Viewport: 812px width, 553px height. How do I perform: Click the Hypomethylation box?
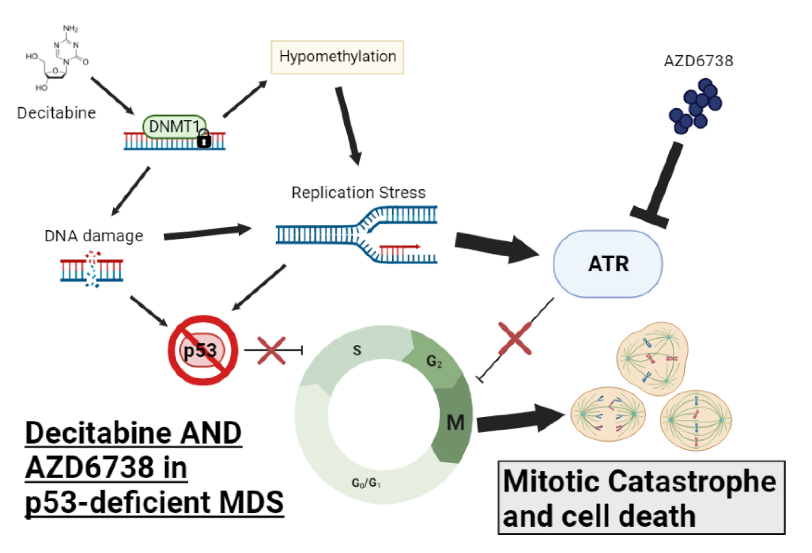pyautogui.click(x=337, y=57)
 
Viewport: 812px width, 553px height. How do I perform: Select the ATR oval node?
pyautogui.click(x=608, y=264)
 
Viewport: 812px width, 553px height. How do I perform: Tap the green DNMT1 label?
pyautogui.click(x=174, y=127)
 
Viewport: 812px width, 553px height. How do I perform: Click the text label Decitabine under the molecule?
pyautogui.click(x=57, y=113)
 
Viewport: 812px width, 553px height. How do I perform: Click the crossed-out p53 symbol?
pyautogui.click(x=203, y=350)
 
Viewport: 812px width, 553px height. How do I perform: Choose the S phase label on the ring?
pyautogui.click(x=357, y=350)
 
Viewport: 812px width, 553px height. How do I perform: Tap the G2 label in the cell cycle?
pyautogui.click(x=434, y=361)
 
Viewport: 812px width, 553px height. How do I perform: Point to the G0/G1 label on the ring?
pyautogui.click(x=366, y=483)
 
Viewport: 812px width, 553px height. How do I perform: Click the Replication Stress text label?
pyautogui.click(x=358, y=193)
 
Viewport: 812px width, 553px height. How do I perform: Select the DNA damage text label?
pyautogui.click(x=94, y=236)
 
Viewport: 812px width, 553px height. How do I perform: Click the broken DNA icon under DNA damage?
pyautogui.click(x=92, y=270)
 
